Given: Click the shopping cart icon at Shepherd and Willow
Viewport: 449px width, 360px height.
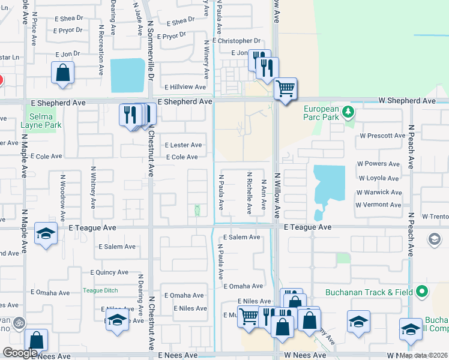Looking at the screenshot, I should pos(285,89).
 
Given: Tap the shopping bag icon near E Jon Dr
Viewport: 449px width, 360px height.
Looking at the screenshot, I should pos(62,73).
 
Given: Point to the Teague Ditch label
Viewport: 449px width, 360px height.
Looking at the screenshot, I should pos(100,290).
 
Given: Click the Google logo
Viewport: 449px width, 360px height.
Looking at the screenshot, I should pos(20,353).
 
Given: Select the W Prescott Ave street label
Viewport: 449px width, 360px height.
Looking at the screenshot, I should pos(382,136).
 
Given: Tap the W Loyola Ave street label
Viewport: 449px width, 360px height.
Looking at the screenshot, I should pos(378,178).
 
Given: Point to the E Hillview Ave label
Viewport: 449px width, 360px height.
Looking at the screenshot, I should pos(185,87).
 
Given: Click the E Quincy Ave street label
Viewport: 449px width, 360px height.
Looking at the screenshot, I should pos(109,272).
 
